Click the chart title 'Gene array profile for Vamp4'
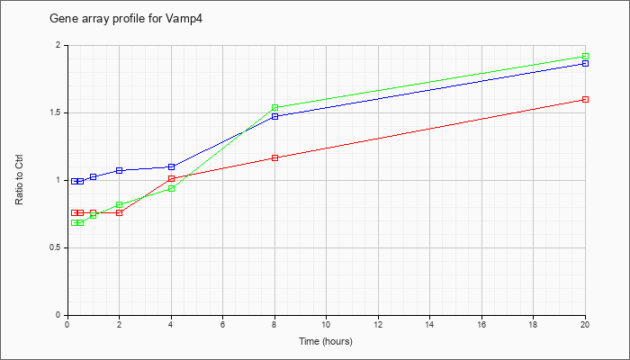point(126,19)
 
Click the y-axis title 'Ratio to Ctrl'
point(19,180)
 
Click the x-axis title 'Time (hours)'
point(326,341)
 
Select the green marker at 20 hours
point(585,56)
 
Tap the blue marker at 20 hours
point(585,64)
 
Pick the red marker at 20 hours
point(585,99)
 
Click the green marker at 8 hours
point(274,107)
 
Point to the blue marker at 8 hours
point(274,116)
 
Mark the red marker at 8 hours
point(274,157)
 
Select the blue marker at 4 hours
point(172,166)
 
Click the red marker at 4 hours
point(172,178)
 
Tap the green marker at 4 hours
point(172,188)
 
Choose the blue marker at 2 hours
point(120,170)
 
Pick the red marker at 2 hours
point(120,212)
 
